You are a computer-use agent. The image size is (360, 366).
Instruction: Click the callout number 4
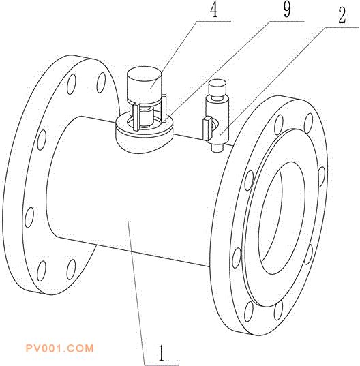click(x=214, y=10)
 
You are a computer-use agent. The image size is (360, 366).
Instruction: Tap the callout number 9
click(x=287, y=10)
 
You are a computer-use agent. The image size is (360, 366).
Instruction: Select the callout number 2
click(x=342, y=16)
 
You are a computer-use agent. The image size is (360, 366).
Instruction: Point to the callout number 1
click(x=162, y=352)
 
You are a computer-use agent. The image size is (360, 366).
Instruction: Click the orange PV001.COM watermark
click(x=59, y=348)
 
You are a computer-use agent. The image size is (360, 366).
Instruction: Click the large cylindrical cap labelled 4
click(x=144, y=85)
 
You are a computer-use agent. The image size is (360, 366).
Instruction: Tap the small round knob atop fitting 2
click(x=217, y=88)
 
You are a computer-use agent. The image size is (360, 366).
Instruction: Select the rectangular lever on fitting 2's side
click(x=207, y=129)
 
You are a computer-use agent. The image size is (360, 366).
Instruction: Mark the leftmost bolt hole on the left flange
click(x=29, y=217)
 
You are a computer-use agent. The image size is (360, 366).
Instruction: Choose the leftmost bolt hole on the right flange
click(x=237, y=258)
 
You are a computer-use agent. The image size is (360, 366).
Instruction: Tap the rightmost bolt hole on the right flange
click(x=322, y=177)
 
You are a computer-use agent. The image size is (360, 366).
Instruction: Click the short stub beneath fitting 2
click(x=217, y=148)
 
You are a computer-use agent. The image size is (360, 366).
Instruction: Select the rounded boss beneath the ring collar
click(x=144, y=144)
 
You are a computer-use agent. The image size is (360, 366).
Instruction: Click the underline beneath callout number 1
click(x=162, y=364)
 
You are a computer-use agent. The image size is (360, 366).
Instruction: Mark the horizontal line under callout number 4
click(x=213, y=21)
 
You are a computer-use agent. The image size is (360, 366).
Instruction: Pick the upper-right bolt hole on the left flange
click(x=101, y=82)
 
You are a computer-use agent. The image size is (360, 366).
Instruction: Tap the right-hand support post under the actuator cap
click(x=164, y=108)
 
